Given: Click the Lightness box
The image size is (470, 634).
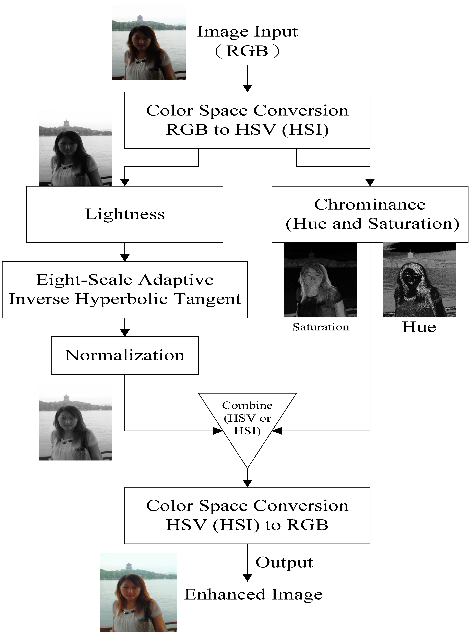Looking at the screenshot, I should coord(125,214).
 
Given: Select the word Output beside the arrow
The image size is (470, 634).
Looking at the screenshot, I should coord(284,562).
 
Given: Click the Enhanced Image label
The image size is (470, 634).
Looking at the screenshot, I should coord(253,594).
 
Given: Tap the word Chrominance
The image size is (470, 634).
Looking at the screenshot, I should coord(370,205).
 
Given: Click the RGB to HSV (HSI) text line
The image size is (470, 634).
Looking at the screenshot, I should coord(247,130).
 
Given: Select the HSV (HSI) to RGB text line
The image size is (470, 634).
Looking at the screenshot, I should coord(247,525).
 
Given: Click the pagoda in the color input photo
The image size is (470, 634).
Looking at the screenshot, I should coord(140,18).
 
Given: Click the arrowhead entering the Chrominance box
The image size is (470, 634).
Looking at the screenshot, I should coord(370,182).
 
